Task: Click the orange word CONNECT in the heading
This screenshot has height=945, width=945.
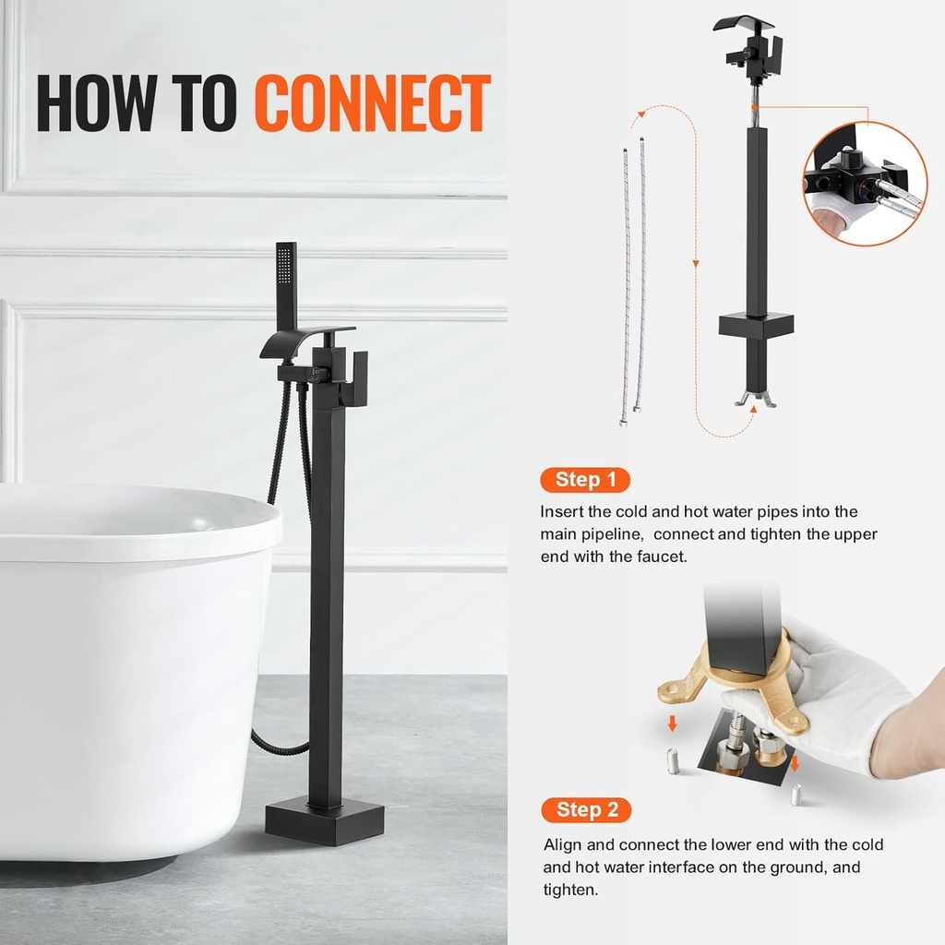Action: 372,103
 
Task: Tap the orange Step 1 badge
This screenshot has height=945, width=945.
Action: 585,480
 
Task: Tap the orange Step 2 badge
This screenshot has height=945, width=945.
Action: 587,810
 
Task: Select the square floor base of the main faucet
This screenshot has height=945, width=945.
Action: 324,820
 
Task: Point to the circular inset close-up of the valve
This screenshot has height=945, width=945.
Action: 864,185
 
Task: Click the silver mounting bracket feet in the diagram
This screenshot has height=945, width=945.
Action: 755,398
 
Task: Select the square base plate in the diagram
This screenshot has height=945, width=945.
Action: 756,326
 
